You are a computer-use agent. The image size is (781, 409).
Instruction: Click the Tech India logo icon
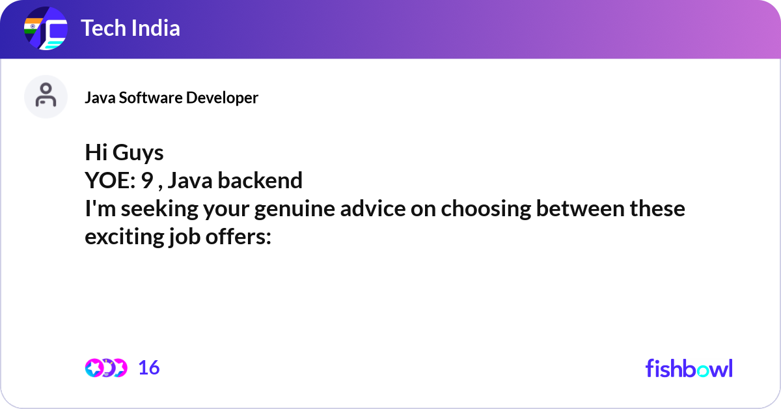46,29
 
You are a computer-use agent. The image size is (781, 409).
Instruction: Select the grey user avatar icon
46,96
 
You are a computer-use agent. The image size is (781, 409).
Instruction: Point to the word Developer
222,98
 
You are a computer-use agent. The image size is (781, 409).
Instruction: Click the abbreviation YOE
107,180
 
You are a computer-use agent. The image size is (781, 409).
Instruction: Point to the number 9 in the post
147,180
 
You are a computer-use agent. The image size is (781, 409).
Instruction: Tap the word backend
260,180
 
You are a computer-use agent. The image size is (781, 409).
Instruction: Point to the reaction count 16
149,368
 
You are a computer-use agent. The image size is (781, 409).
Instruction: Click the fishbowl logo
689,368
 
